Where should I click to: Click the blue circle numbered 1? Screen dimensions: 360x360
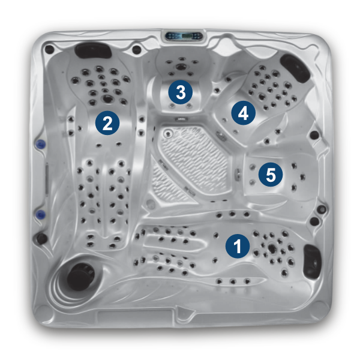pos(238,246)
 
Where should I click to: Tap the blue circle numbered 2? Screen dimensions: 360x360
pos(107,123)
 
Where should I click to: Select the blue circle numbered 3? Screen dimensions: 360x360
pos(181,92)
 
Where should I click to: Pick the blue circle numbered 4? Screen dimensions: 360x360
pos(244,113)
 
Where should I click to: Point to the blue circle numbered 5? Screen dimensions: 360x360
pos(271,174)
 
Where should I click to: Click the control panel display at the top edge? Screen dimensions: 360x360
pos(185,36)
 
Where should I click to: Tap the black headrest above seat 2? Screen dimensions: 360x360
pos(94,50)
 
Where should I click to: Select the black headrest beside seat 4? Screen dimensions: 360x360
pos(295,67)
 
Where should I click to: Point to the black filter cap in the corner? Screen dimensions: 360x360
pos(80,275)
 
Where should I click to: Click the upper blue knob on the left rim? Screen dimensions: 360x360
pos(41,144)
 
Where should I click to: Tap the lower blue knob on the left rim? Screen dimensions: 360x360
pos(41,214)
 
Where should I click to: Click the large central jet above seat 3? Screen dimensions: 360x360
pos(181,67)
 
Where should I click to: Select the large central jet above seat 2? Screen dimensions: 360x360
pos(107,99)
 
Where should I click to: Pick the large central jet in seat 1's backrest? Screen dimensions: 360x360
pos(272,248)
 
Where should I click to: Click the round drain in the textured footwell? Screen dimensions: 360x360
pos(168,133)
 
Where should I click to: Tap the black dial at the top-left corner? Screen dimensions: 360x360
pos(49,49)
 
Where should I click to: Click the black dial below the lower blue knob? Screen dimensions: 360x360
pos(42,238)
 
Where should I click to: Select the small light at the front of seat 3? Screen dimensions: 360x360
pos(181,119)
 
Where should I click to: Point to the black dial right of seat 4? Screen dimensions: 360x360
pos(314,135)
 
